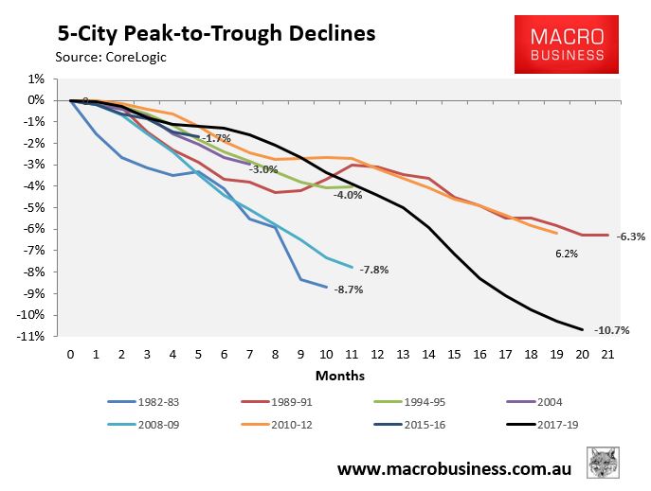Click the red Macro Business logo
pyautogui.click(x=567, y=44)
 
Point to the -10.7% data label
pyautogui.click(x=611, y=330)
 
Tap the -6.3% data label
pyautogui.click(x=630, y=237)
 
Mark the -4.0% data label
pyautogui.click(x=348, y=195)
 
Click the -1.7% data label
pyautogui.click(x=218, y=138)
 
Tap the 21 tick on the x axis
pyautogui.click(x=607, y=354)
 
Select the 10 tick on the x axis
pyautogui.click(x=326, y=354)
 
